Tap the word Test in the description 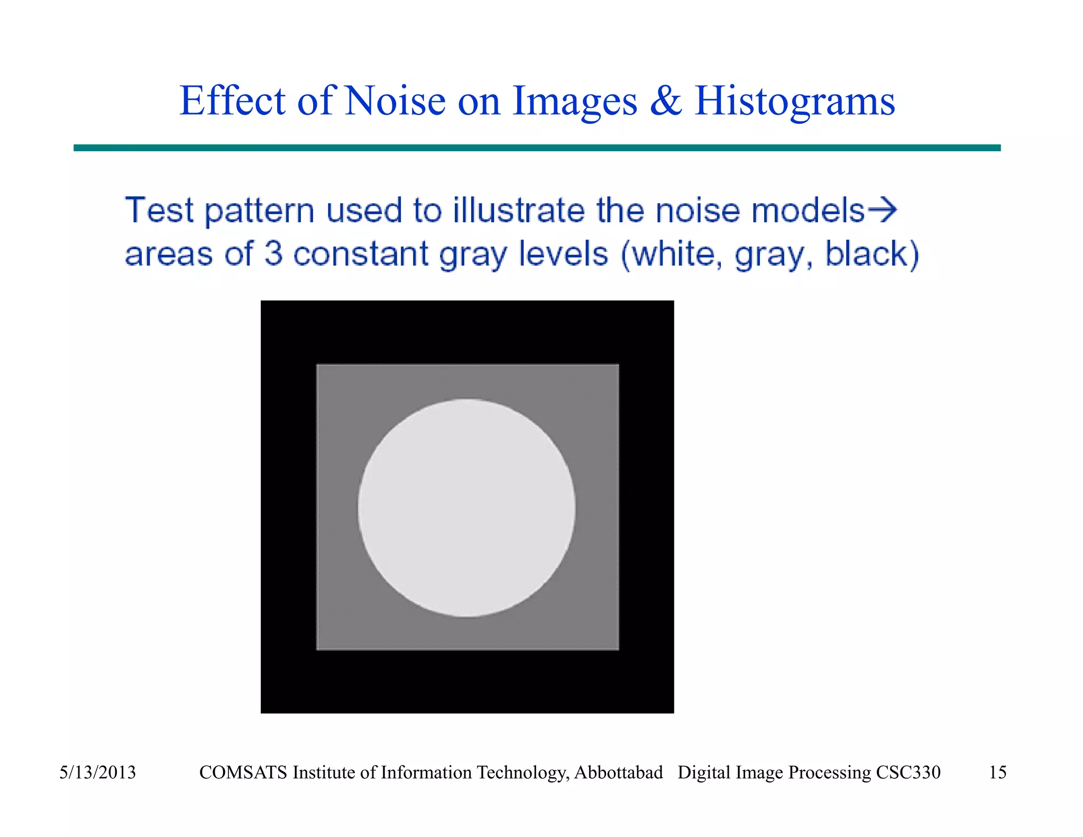tap(159, 211)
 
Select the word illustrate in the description tap(519, 211)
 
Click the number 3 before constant tap(273, 253)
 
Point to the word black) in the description tap(872, 254)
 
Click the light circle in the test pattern tap(466, 508)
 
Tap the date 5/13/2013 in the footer tap(97, 772)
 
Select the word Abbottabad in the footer tap(618, 772)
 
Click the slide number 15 tap(997, 772)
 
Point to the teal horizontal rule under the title tap(537, 148)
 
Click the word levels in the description tap(563, 253)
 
